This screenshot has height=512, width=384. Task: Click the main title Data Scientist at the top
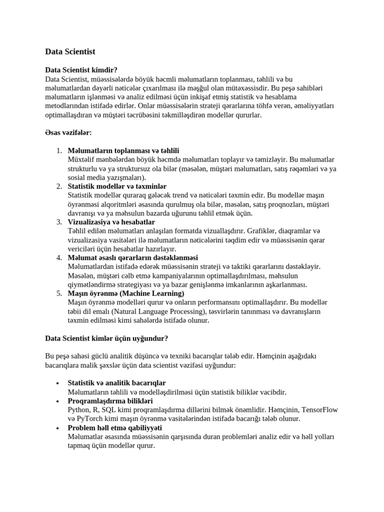[70, 51]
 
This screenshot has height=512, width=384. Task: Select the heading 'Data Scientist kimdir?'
[81, 70]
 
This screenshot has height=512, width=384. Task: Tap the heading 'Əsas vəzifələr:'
[68, 132]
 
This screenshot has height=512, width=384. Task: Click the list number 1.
[58, 150]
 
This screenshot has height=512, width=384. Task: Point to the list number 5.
[58, 293]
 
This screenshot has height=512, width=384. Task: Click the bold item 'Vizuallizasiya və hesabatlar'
[111, 222]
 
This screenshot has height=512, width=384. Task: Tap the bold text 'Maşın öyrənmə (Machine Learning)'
[125, 293]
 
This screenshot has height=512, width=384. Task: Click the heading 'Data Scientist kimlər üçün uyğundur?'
[106, 338]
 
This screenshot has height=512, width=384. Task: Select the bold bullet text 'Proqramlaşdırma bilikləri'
[110, 401]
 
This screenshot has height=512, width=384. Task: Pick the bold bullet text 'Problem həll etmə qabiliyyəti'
[114, 428]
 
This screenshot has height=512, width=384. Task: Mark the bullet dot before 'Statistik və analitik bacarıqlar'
[58, 383]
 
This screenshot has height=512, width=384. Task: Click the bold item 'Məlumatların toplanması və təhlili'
[123, 150]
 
